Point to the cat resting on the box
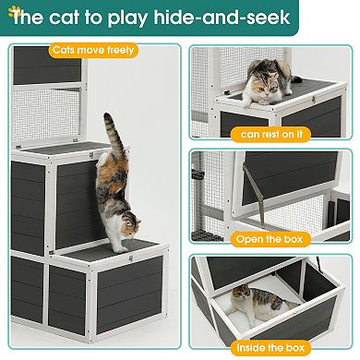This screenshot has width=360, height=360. (269, 82)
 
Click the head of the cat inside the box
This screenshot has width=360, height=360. (242, 297)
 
